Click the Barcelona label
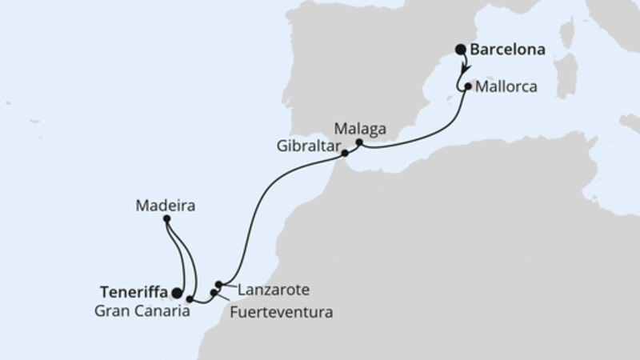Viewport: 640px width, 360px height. pyautogui.click(x=508, y=50)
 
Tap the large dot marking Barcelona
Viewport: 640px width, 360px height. pyautogui.click(x=461, y=50)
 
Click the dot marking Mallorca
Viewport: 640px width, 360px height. pyautogui.click(x=468, y=83)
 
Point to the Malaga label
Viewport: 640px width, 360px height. pyautogui.click(x=361, y=128)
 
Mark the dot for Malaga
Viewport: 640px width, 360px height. pyautogui.click(x=359, y=143)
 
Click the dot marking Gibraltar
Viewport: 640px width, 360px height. pyautogui.click(x=345, y=152)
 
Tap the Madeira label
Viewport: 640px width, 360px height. pyautogui.click(x=166, y=205)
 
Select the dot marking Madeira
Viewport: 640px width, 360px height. pyautogui.click(x=166, y=218)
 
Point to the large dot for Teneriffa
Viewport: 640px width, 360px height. pyautogui.click(x=176, y=293)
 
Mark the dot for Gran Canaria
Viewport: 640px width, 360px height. pyautogui.click(x=190, y=299)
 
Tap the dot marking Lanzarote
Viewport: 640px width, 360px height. pyautogui.click(x=218, y=284)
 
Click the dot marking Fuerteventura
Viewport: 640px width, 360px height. pyautogui.click(x=214, y=292)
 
